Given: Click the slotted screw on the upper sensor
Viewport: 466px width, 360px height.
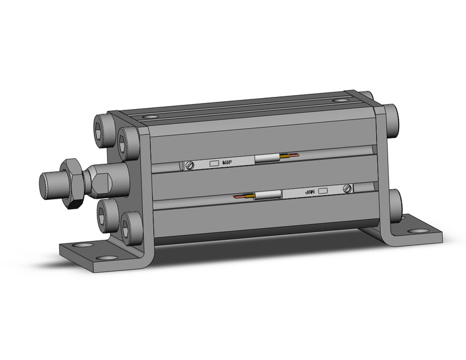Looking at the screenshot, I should click(x=190, y=164).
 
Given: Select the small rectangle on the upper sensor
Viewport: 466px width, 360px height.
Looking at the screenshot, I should click(x=214, y=164).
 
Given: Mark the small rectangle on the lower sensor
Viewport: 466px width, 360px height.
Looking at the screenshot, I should click(x=324, y=190).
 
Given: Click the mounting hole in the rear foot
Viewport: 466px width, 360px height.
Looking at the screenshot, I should click(x=419, y=231).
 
